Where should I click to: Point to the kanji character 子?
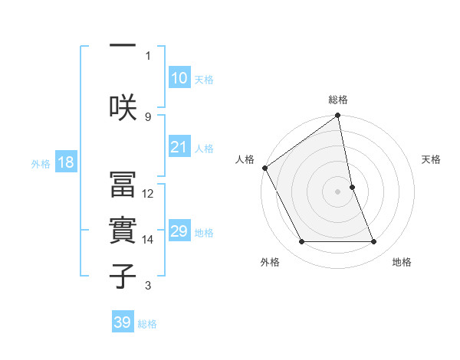pyautogui.click(x=123, y=276)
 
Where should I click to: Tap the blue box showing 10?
pyautogui.click(x=179, y=78)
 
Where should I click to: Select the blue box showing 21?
pyautogui.click(x=179, y=147)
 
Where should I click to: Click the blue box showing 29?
pyautogui.click(x=179, y=231)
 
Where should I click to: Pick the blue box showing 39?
pyautogui.click(x=123, y=322)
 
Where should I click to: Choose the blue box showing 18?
pyautogui.click(x=64, y=163)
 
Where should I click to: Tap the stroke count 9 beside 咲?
pyautogui.click(x=148, y=116)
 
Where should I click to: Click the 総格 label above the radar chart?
pyautogui.click(x=338, y=100)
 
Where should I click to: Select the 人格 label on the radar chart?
pyautogui.click(x=245, y=159)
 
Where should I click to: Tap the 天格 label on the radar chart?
pyautogui.click(x=432, y=159)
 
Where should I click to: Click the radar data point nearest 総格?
pyautogui.click(x=338, y=116)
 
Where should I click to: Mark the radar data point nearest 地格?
pyautogui.click(x=374, y=242)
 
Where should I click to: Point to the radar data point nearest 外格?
pyautogui.click(x=301, y=242)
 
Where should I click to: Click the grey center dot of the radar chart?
pyautogui.click(x=338, y=191)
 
